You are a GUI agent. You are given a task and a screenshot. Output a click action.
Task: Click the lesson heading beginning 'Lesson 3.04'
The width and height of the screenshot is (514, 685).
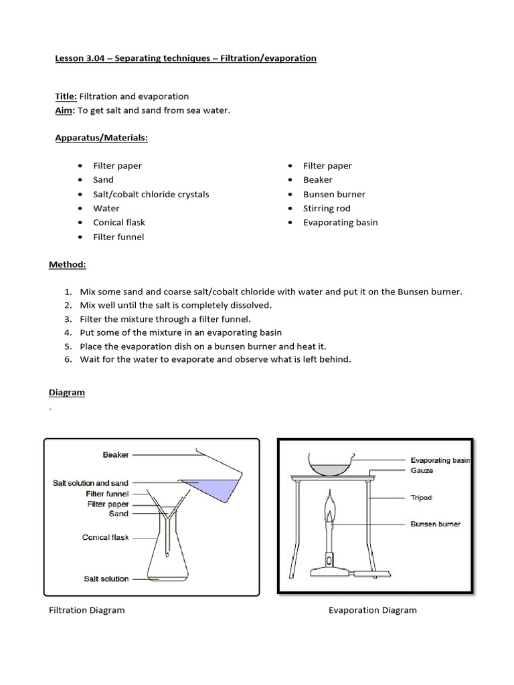tap(185, 58)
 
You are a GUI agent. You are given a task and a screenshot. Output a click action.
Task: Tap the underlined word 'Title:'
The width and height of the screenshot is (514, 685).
tap(66, 96)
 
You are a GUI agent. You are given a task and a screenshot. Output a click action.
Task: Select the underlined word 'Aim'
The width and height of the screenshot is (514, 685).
tap(63, 110)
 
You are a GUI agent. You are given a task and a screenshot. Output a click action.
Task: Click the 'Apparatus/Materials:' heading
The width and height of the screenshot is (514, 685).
tap(101, 138)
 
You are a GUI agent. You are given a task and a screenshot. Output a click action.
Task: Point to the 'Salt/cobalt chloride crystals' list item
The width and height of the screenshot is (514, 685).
tap(151, 194)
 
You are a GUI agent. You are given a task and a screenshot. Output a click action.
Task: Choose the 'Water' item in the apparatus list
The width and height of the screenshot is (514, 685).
tap(106, 208)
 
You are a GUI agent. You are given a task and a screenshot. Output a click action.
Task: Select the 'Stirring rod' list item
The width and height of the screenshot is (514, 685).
tap(327, 208)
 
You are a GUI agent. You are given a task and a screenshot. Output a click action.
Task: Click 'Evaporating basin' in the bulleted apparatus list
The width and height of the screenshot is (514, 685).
tap(340, 222)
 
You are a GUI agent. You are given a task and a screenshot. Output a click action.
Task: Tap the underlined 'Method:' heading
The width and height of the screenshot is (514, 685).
tap(67, 264)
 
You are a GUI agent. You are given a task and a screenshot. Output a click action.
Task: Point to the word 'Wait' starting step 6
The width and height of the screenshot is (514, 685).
tap(90, 359)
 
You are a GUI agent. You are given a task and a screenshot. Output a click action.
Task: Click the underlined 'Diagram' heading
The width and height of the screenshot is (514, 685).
tap(67, 393)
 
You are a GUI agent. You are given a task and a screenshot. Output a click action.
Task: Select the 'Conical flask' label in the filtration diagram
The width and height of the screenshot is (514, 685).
tap(105, 537)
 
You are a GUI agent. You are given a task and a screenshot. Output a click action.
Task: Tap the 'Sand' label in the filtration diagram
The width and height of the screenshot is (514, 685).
tap(118, 514)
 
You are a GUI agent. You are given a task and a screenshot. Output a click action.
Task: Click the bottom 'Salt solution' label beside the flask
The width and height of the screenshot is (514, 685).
tap(106, 579)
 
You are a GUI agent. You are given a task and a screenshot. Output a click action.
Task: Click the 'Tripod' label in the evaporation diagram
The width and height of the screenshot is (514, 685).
tap(422, 498)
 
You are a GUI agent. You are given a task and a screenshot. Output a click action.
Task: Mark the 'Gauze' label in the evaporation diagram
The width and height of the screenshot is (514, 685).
tap(422, 470)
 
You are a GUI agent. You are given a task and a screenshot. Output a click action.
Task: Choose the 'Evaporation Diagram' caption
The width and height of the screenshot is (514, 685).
tap(372, 610)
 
